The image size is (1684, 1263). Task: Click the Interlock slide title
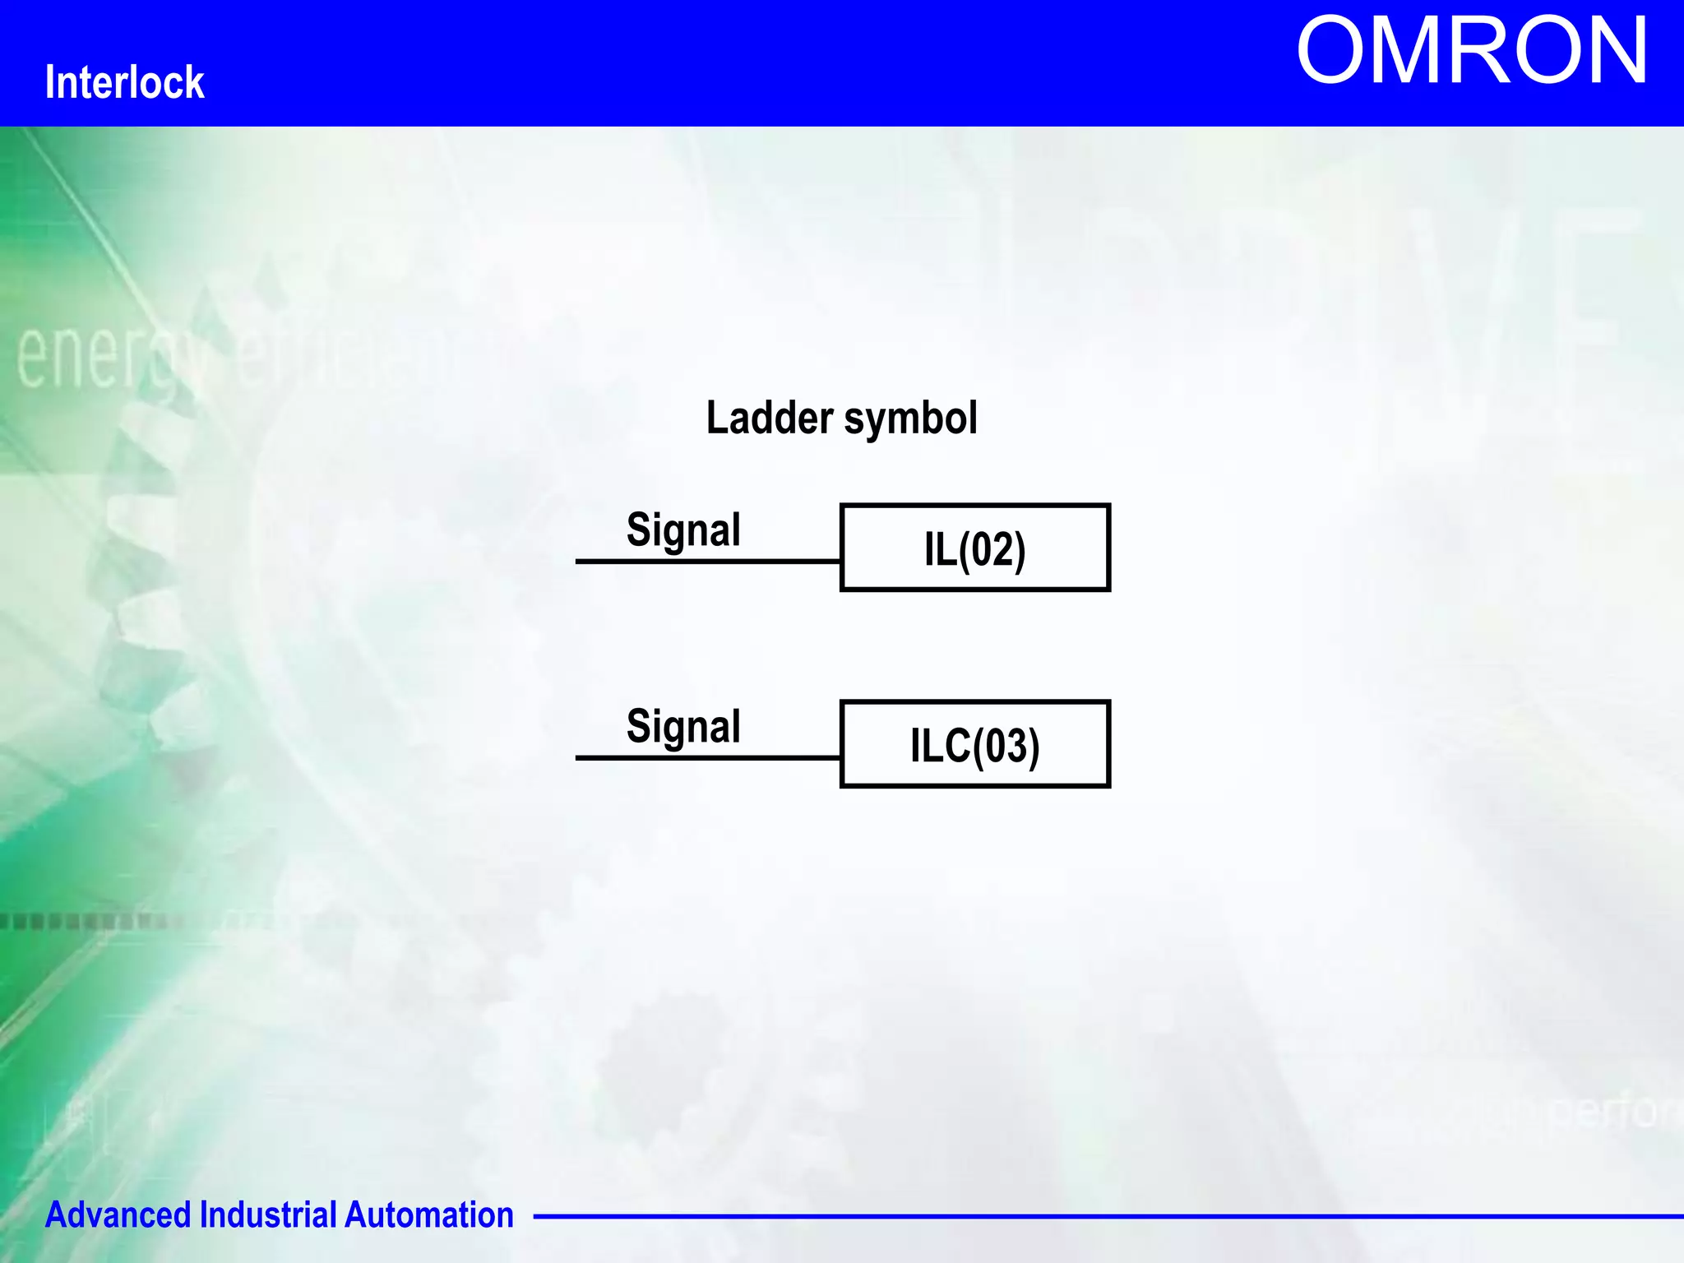coord(124,82)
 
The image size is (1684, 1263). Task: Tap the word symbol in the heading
coord(910,419)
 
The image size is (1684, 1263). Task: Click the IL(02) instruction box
coord(975,548)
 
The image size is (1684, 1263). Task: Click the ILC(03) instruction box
coord(975,744)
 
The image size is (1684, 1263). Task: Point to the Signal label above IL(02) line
coord(683,530)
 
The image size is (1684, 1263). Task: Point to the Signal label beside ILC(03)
coord(683,727)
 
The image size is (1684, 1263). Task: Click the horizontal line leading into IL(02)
coord(707,562)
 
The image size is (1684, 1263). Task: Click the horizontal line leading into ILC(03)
coord(707,757)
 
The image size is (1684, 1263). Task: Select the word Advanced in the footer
coord(118,1215)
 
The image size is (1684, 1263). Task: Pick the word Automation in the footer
coord(428,1215)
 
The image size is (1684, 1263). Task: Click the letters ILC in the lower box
coord(940,745)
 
